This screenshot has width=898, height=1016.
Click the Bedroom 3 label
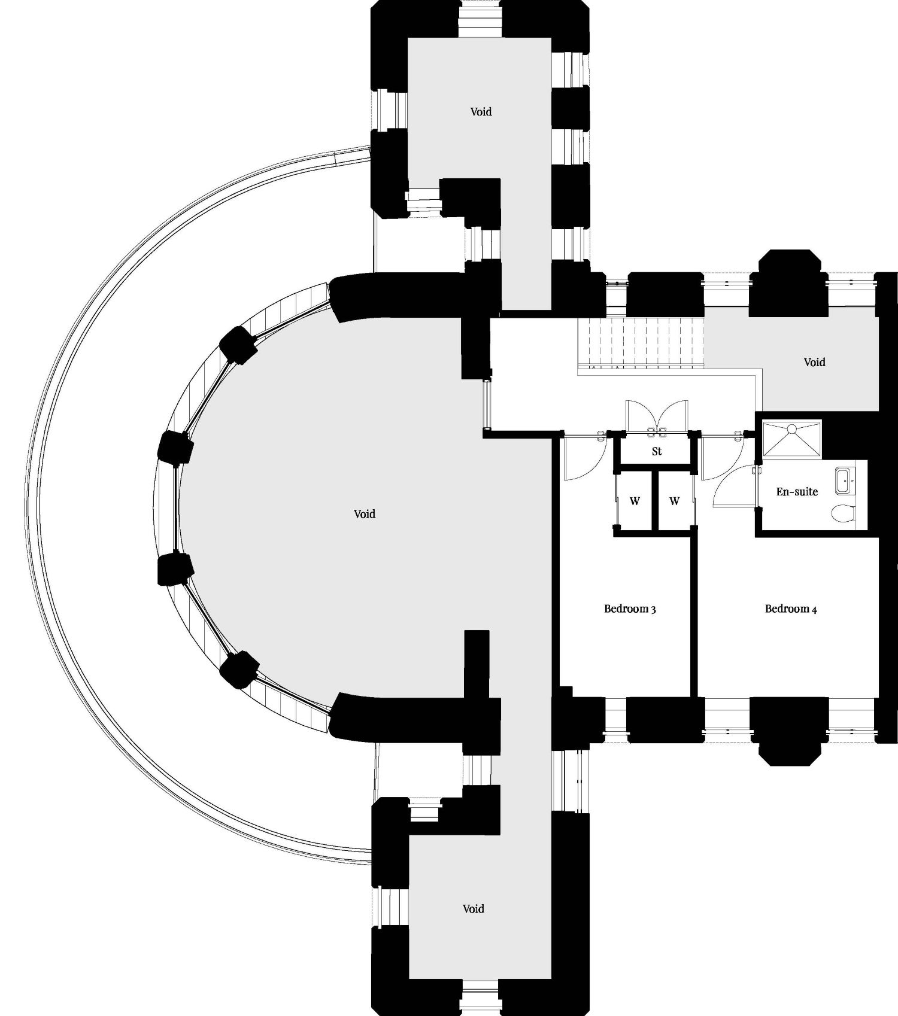[630, 609]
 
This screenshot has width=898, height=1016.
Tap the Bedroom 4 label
[791, 609]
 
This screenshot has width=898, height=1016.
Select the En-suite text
[797, 492]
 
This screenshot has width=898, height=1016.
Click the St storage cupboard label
[657, 451]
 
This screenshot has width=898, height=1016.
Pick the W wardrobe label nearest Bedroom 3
[635, 501]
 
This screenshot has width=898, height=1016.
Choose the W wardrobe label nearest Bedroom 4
[675, 501]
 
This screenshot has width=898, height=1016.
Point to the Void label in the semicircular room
[365, 514]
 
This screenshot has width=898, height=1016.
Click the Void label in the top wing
[481, 112]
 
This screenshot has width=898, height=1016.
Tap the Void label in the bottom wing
[473, 909]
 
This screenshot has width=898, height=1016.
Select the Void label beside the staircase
[814, 362]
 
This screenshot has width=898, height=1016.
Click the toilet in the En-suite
[844, 513]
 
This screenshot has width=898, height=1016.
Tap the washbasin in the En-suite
[845, 480]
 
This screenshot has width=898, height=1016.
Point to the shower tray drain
[791, 429]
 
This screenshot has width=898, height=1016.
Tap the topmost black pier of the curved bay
[238, 345]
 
